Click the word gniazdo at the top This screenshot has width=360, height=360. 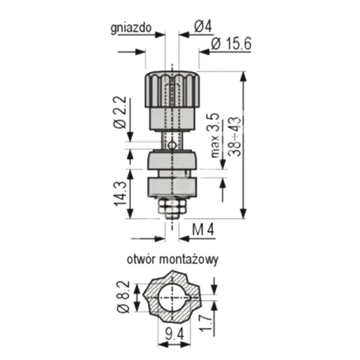click(x=131, y=26)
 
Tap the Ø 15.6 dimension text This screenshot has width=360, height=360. click(x=232, y=45)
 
